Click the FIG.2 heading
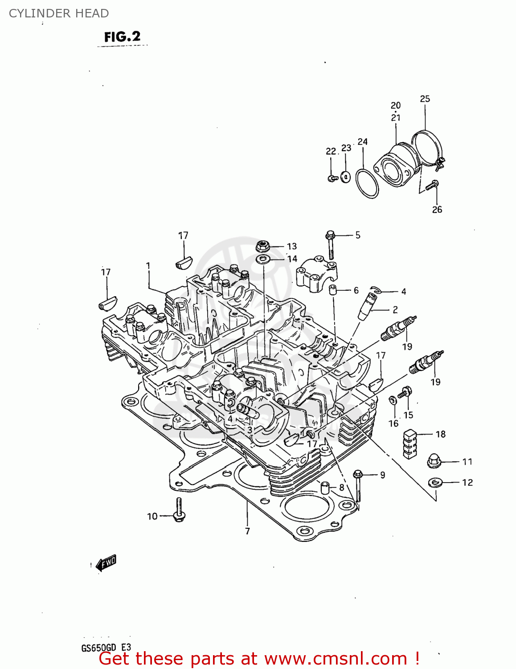[122, 37]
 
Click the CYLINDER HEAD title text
[59, 13]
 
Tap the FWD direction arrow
[106, 563]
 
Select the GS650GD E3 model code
[106, 648]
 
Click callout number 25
[425, 99]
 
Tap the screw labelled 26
[432, 185]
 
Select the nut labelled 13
[263, 245]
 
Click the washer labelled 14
[263, 259]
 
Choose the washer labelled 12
[434, 482]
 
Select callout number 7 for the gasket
[247, 531]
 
